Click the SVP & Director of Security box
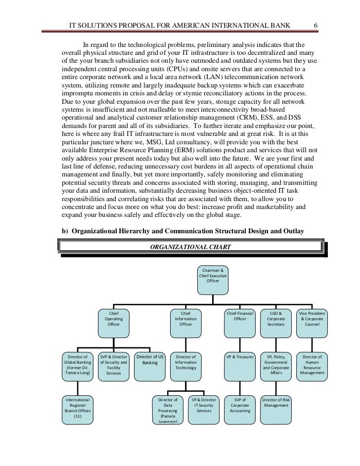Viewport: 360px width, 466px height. [x=113, y=365]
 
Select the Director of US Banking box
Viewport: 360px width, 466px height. [x=150, y=365]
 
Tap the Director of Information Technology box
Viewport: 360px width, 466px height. [x=185, y=365]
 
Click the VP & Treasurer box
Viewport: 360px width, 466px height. [x=240, y=365]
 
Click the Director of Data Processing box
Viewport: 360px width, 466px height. [x=168, y=410]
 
